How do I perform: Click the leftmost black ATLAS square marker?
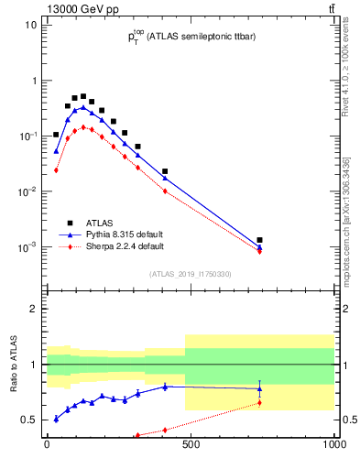click(56, 135)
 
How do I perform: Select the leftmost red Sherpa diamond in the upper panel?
click(56, 170)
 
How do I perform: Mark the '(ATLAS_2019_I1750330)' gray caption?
click(190, 274)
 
